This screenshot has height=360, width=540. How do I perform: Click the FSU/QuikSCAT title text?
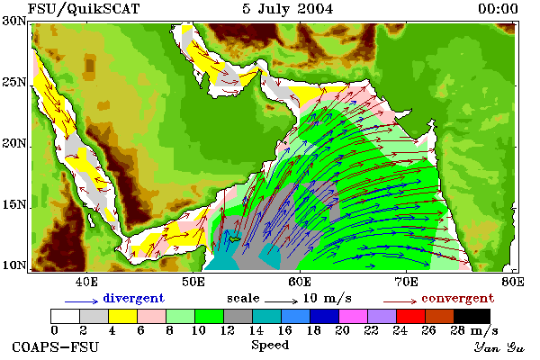pyautogui.click(x=84, y=9)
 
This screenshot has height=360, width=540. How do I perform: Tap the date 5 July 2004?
pyautogui.click(x=288, y=9)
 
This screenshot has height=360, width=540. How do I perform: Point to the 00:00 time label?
pyautogui.click(x=498, y=9)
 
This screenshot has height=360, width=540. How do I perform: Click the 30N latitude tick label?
pyautogui.click(x=14, y=21)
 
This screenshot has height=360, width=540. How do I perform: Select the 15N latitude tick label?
pyautogui.click(x=14, y=204)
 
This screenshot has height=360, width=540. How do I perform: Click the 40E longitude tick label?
pyautogui.click(x=86, y=282)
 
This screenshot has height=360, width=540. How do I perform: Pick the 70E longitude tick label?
pyautogui.click(x=407, y=282)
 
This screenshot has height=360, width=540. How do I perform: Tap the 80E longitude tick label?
pyautogui.click(x=513, y=282)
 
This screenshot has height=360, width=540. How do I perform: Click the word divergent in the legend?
pyautogui.click(x=133, y=298)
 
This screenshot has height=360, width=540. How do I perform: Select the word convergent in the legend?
pyautogui.click(x=458, y=298)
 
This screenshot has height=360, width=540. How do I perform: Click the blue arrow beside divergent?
pyautogui.click(x=82, y=301)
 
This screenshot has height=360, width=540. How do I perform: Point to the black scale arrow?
pyautogui.click(x=282, y=301)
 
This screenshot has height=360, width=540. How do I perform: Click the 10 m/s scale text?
pyautogui.click(x=328, y=298)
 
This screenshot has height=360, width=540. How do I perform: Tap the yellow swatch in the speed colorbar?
pyautogui.click(x=122, y=316)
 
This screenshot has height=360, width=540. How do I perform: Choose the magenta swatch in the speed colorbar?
pyautogui.click(x=354, y=316)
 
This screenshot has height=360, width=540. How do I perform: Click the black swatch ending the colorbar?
pyautogui.click(x=472, y=316)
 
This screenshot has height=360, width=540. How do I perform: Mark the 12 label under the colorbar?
pyautogui.click(x=228, y=330)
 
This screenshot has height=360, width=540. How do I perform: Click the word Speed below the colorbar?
pyautogui.click(x=270, y=346)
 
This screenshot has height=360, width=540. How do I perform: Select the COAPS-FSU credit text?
pyautogui.click(x=56, y=346)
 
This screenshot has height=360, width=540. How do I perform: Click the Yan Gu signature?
pyautogui.click(x=499, y=347)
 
